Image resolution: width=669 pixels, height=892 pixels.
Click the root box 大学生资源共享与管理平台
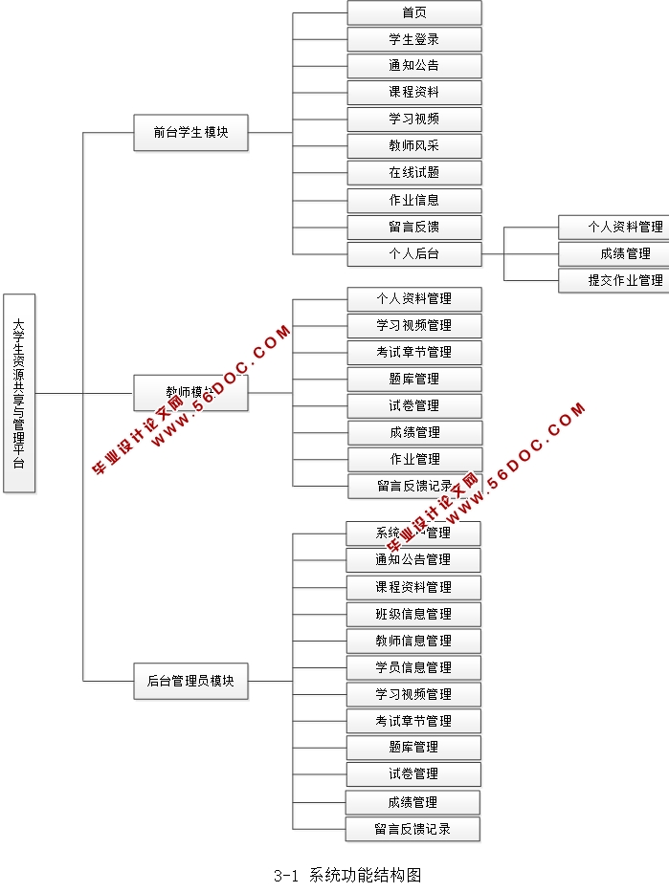[x=19, y=393]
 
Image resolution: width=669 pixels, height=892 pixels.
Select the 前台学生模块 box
[x=190, y=133]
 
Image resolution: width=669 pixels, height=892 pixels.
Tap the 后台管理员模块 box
[x=190, y=682]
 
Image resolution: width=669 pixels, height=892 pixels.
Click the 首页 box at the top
[x=413, y=12]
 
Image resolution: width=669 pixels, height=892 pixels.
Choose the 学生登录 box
[x=413, y=39]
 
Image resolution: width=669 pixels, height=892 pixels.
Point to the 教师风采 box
[x=413, y=146]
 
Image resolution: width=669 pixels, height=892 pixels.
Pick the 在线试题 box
[x=413, y=173]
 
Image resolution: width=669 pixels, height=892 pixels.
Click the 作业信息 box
[x=413, y=201]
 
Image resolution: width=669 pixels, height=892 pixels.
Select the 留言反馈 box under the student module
[x=413, y=228]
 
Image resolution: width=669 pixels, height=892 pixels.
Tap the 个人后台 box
[x=413, y=254]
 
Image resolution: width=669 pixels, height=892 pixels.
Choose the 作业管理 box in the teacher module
[x=413, y=459]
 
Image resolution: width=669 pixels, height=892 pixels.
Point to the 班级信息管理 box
[x=413, y=614]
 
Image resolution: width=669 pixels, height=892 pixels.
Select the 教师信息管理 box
[x=413, y=641]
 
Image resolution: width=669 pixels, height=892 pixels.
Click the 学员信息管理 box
[x=413, y=667]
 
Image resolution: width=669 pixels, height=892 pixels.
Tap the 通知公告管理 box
[x=413, y=559]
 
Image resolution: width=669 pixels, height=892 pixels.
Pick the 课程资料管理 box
[x=413, y=587]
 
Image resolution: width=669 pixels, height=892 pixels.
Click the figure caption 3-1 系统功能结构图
[x=346, y=875]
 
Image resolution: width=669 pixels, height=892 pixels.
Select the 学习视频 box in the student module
[x=413, y=120]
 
